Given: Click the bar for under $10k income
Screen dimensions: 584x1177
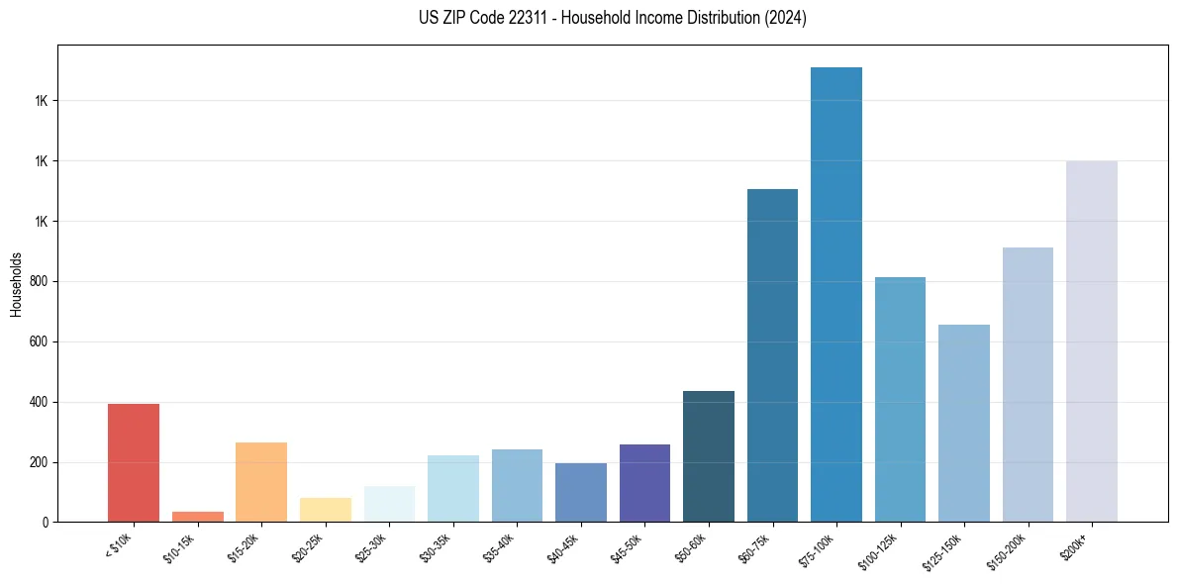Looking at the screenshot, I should (134, 462).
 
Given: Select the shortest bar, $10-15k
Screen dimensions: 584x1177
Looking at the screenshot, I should (197, 517).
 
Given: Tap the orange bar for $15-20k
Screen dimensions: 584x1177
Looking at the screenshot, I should (261, 482).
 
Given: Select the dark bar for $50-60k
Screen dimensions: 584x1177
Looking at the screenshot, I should (709, 456).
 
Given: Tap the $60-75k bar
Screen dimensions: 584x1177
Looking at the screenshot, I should (772, 355).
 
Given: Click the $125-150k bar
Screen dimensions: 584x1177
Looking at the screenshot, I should (964, 423).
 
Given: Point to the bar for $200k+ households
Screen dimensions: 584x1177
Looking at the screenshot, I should (1092, 341).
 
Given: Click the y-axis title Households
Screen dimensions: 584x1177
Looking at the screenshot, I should (16, 284).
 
